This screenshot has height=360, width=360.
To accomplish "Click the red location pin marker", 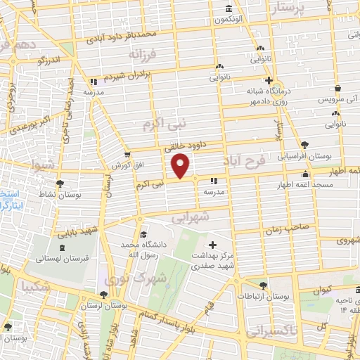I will [181, 165].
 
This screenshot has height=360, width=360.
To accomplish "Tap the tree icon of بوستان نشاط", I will [58, 183].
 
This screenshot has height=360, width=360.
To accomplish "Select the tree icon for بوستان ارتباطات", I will [263, 285].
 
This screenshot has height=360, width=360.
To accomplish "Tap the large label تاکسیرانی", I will [274, 330].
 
